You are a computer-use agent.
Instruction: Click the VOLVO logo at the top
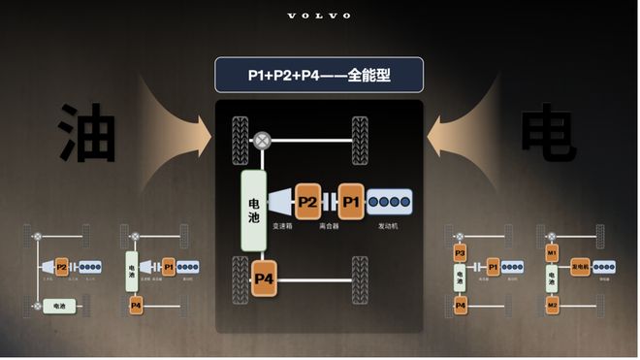click(320, 16)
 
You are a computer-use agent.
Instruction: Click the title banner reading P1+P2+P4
click(319, 75)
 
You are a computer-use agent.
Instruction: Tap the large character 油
click(88, 134)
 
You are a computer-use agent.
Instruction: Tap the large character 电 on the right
click(549, 134)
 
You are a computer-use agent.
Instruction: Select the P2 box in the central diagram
click(307, 202)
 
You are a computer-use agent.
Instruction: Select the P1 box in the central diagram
click(350, 202)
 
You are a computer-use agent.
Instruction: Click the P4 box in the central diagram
click(265, 279)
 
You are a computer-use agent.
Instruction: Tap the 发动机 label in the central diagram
click(388, 226)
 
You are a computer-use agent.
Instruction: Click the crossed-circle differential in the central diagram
click(262, 141)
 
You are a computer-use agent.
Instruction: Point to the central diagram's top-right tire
click(360, 133)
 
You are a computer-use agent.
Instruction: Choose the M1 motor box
click(552, 253)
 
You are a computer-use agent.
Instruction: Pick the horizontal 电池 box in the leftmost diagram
click(59, 307)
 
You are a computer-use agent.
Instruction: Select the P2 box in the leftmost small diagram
click(61, 266)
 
